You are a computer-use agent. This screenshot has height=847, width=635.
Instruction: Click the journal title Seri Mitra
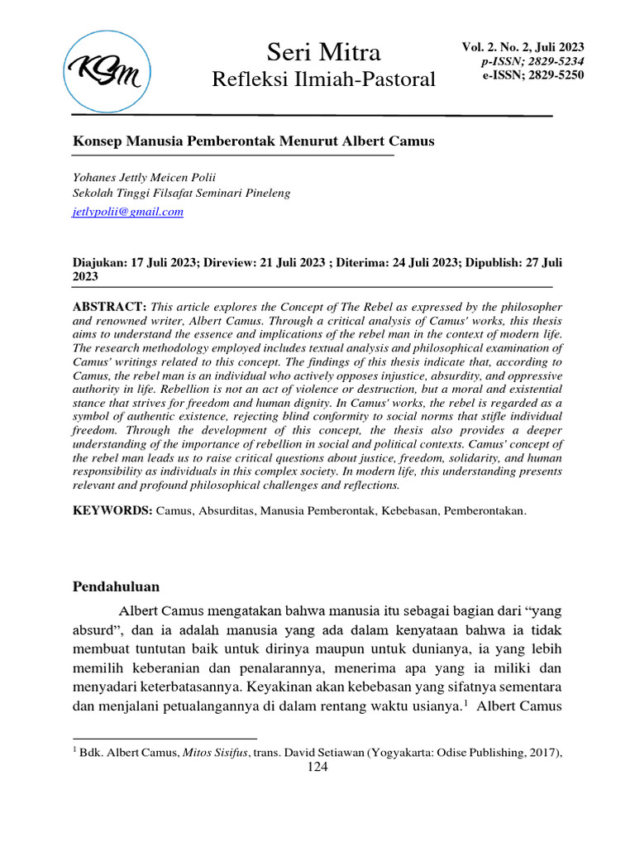pos(323,53)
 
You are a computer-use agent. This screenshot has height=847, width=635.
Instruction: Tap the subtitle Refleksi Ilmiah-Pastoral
pos(323,80)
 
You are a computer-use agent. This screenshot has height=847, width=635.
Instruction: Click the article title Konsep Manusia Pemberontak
pos(254,141)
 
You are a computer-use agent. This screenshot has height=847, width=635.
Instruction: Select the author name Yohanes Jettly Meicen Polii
pos(145,177)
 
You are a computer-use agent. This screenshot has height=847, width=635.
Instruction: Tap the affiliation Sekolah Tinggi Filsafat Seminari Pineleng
pos(182,194)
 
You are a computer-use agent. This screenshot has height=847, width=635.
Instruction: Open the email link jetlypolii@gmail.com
pos(128,212)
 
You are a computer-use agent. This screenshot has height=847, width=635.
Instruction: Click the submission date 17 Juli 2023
pos(164,262)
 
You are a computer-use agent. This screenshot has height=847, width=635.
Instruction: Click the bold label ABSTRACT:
pos(110,307)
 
